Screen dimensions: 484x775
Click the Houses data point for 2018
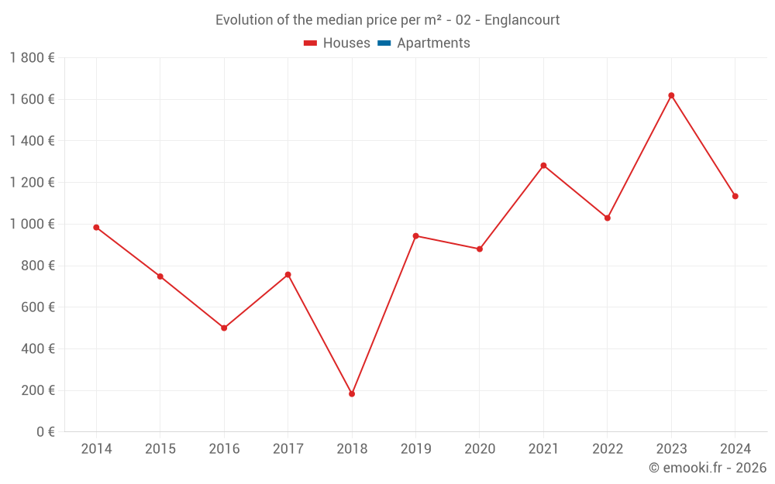click(352, 394)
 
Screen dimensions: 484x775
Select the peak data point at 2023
click(671, 95)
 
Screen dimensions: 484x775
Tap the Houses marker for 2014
click(96, 228)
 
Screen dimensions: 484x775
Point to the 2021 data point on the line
click(543, 166)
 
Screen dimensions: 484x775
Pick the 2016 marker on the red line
click(224, 328)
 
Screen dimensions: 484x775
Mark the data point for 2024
click(735, 197)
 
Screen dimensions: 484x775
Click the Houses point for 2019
click(415, 236)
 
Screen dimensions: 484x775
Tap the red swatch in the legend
click(311, 43)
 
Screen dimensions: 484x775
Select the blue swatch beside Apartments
click(384, 43)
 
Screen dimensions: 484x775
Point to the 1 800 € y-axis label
click(32, 58)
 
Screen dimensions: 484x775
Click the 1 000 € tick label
click(32, 224)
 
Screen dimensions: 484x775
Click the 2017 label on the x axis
click(288, 449)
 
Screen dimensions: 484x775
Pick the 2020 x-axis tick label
click(480, 449)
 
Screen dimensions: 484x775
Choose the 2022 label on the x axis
click(607, 449)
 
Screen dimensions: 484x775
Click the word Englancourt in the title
click(522, 20)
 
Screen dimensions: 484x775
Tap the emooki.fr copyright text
click(708, 468)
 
